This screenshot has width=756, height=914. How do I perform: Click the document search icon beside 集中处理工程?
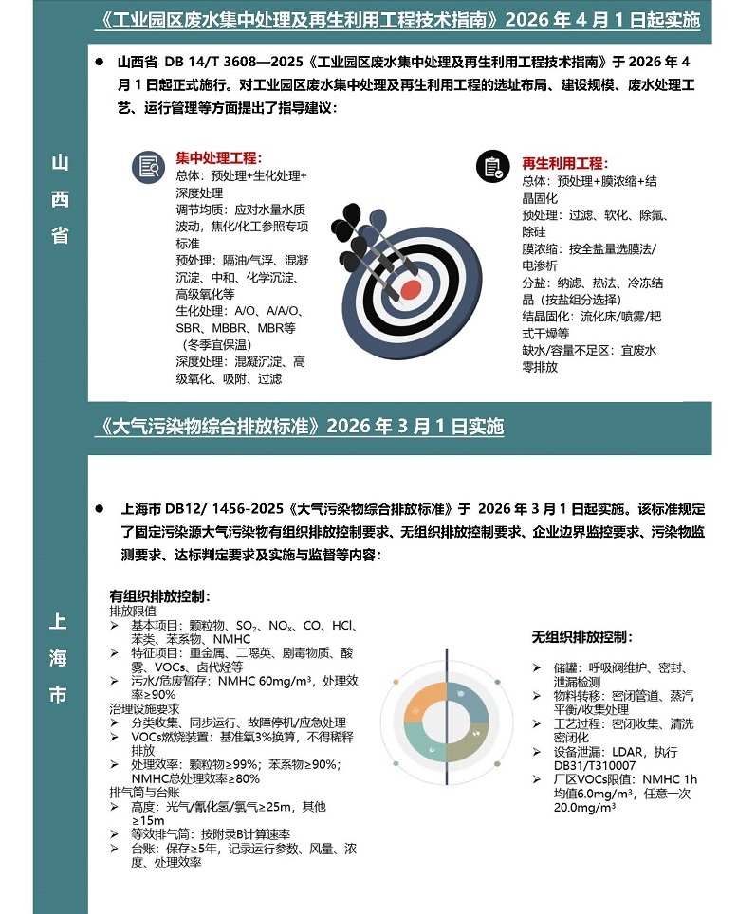pyautogui.click(x=148, y=167)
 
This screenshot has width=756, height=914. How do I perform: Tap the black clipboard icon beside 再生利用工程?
pyautogui.click(x=491, y=167)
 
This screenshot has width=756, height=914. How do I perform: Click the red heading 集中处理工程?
pyautogui.click(x=219, y=158)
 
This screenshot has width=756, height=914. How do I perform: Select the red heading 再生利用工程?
pyautogui.click(x=565, y=163)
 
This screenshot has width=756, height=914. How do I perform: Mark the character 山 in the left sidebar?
pyautogui.click(x=60, y=162)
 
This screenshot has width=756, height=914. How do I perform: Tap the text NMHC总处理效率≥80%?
pyautogui.click(x=182, y=778)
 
